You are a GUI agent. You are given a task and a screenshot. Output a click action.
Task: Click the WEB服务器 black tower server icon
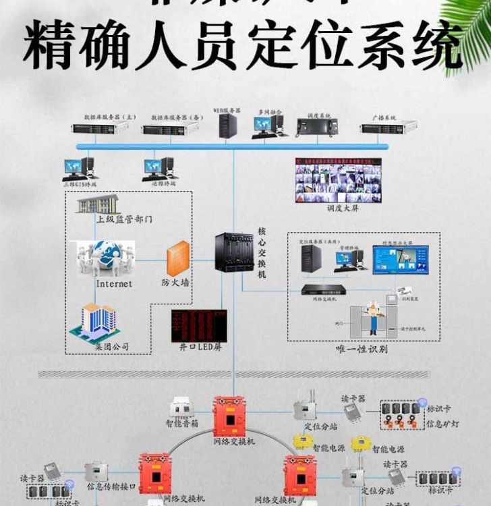228,125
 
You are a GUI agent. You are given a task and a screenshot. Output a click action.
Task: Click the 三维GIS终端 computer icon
80,169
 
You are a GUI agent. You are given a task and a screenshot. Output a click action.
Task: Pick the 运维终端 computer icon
159,168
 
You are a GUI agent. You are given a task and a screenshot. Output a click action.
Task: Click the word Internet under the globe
114,284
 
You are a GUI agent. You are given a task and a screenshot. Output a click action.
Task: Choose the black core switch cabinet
233,252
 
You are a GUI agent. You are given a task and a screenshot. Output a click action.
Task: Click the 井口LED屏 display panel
198,325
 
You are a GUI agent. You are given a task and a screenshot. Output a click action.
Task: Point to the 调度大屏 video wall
338,180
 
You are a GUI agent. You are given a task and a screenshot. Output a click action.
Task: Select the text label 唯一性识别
362,349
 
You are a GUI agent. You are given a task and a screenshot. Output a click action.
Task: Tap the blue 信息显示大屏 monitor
400,259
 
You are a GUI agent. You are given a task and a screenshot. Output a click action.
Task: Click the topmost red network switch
233,415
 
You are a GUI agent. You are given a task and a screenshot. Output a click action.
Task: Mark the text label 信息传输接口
112,486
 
